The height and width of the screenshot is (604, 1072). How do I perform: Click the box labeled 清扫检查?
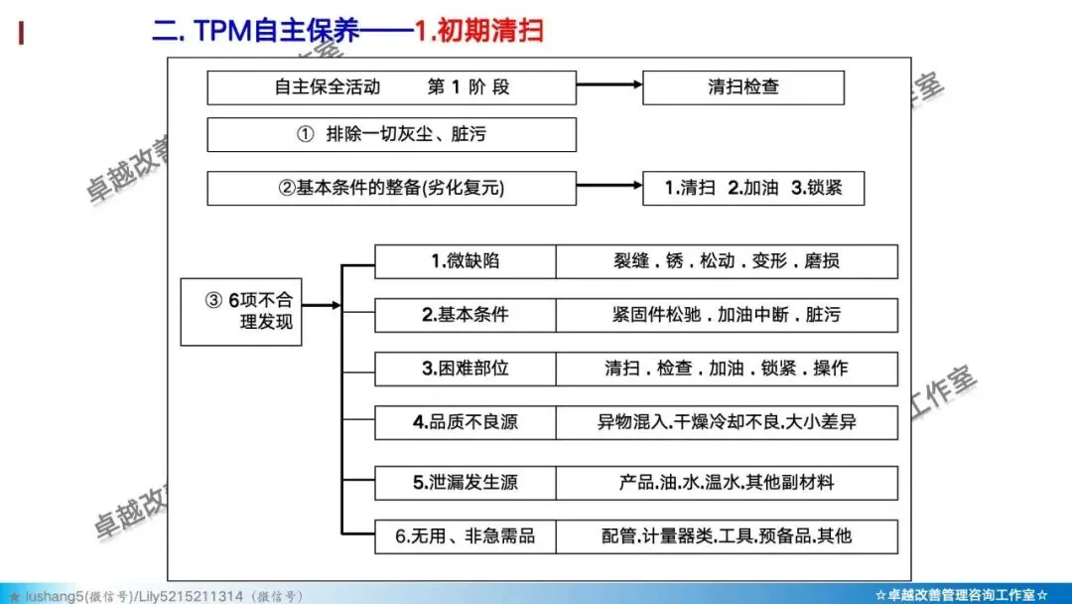(x=743, y=87)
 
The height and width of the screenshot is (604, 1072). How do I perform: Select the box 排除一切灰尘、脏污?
(x=391, y=135)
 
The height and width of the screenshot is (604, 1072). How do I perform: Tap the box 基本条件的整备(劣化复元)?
(x=391, y=188)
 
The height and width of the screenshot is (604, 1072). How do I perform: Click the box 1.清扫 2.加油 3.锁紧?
(x=753, y=188)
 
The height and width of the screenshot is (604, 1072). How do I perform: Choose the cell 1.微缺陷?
(x=465, y=261)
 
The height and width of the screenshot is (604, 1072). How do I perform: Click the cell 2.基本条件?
(x=465, y=315)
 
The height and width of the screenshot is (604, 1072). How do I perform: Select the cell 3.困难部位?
(x=465, y=369)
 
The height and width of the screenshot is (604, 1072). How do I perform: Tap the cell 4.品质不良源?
(x=465, y=422)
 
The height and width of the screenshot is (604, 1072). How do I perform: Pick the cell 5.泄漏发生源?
(x=465, y=483)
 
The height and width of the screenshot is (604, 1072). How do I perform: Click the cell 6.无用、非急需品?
(x=465, y=536)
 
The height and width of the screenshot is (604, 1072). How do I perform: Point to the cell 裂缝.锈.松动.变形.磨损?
(x=727, y=261)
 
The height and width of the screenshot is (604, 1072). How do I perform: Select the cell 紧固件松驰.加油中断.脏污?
(x=727, y=315)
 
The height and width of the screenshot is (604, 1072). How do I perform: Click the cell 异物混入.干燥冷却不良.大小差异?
(x=727, y=422)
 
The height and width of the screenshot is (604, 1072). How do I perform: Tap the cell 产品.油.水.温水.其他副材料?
(x=727, y=483)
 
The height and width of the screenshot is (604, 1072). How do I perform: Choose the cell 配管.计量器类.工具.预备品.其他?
(x=727, y=536)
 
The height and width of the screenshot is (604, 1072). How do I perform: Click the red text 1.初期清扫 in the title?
(x=478, y=31)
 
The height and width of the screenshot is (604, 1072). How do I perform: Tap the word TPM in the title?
(x=223, y=31)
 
